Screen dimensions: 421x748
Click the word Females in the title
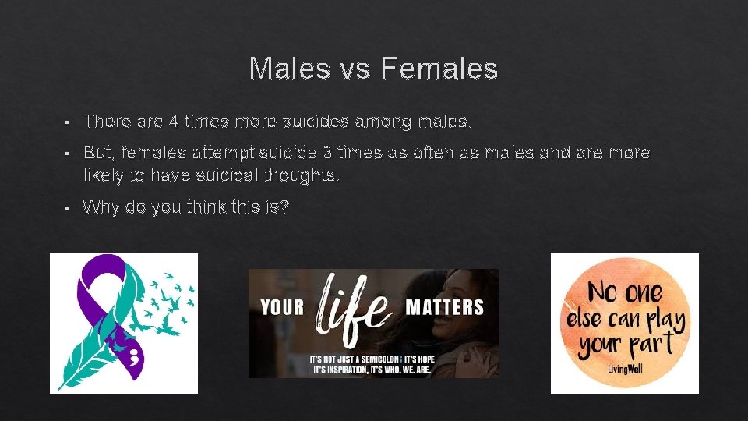click(x=439, y=69)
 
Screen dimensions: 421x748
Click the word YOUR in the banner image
click(x=282, y=307)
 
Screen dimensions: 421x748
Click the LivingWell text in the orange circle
click(x=625, y=367)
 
